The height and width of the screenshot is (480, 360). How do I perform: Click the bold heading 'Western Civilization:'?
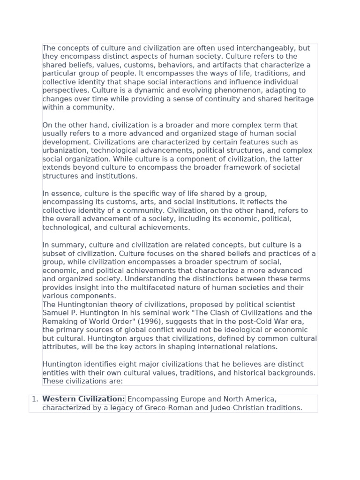tap(83, 399)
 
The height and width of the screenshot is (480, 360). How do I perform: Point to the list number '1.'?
tap(35, 399)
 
